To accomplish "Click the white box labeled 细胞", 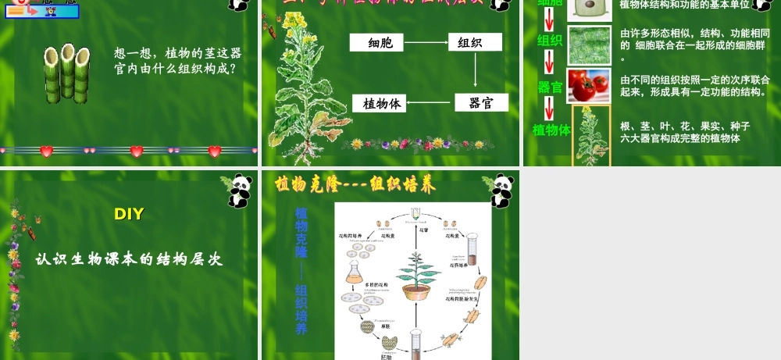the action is (380, 43).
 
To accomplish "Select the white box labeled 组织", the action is (475, 43).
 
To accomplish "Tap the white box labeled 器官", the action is (481, 102).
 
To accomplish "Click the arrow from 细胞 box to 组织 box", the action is (427, 43).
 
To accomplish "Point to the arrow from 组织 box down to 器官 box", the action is (476, 72).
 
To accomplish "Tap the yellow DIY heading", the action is (129, 214).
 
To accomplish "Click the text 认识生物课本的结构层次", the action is (130, 259).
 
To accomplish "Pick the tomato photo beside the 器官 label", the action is (588, 86).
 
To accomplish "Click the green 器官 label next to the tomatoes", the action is (551, 87).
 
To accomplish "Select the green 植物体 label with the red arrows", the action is (551, 130).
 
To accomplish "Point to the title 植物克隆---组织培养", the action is (355, 185).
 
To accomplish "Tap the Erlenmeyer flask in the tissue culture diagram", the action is (355, 270).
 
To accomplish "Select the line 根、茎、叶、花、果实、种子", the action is (684, 126).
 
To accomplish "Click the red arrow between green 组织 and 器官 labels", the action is (549, 62).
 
